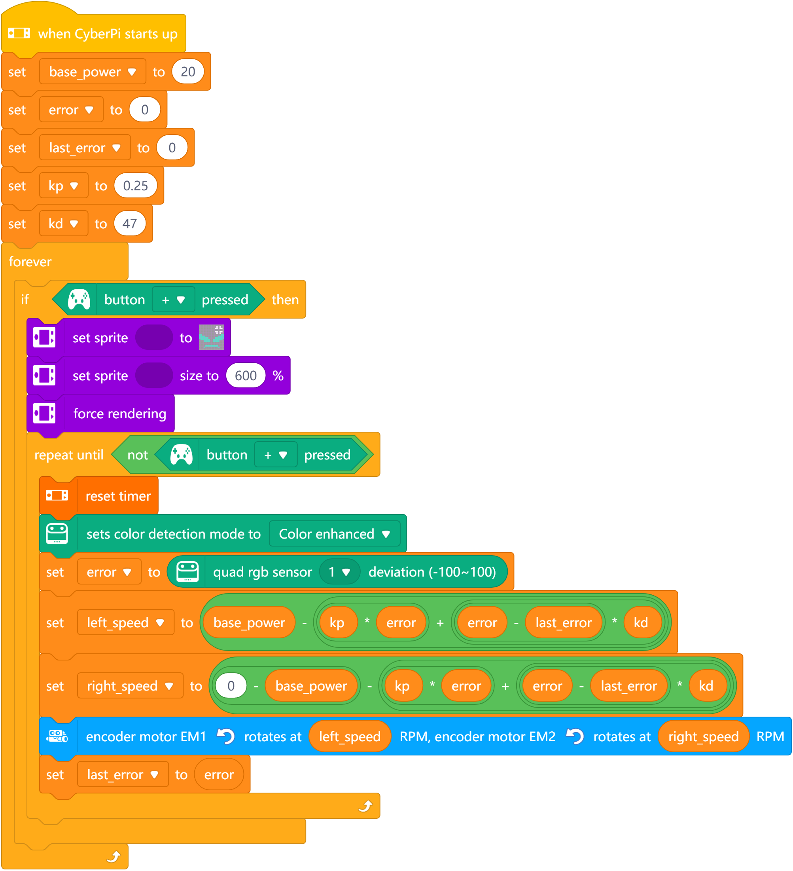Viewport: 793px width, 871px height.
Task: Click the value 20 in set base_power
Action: point(187,72)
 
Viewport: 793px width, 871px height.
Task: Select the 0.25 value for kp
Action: point(135,186)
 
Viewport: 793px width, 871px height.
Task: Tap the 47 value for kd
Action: point(130,224)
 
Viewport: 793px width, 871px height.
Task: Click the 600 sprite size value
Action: point(245,376)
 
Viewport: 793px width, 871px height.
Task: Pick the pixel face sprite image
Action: point(211,338)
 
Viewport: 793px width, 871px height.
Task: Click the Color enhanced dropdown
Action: point(334,534)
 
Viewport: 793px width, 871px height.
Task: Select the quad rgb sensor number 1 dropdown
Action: point(339,572)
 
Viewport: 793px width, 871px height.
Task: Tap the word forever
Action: point(30,262)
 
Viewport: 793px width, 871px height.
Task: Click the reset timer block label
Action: point(118,496)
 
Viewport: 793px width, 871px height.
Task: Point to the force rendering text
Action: point(119,414)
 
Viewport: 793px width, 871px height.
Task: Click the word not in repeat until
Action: point(137,455)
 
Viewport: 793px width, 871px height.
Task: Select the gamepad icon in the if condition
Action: point(79,300)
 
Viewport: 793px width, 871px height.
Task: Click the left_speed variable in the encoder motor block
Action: point(349,736)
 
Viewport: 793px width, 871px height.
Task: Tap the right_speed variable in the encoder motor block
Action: point(703,736)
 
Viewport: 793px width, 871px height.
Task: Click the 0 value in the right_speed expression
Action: point(231,686)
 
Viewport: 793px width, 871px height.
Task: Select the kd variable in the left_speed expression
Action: point(641,622)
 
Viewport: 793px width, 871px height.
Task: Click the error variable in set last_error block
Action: point(219,775)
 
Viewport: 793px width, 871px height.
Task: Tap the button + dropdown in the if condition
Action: point(173,300)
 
